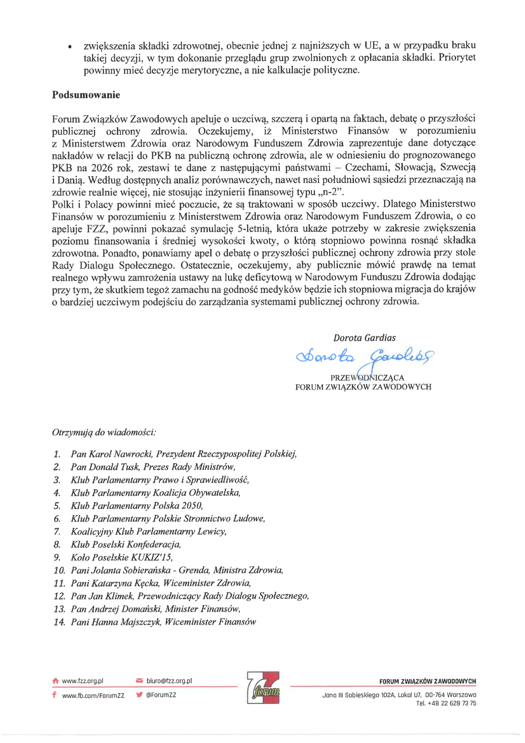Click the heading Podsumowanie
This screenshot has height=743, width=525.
(x=86, y=95)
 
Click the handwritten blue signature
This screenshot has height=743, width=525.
(x=364, y=357)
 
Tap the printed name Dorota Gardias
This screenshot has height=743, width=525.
(x=364, y=338)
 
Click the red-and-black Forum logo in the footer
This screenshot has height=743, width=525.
(x=263, y=687)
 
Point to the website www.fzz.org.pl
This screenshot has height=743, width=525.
(x=82, y=681)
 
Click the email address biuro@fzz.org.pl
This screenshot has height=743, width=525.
(x=169, y=681)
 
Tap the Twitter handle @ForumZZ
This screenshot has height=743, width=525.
(x=161, y=695)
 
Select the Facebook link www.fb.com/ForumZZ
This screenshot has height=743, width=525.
(x=93, y=695)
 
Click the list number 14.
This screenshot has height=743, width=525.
(x=59, y=622)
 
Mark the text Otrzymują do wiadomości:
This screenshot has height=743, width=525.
(x=104, y=432)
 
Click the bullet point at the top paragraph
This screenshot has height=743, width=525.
(x=69, y=46)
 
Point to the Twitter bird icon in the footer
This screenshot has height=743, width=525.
(x=139, y=694)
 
